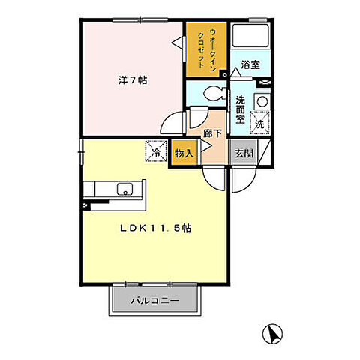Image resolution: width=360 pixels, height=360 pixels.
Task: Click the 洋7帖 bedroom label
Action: pos(130,79)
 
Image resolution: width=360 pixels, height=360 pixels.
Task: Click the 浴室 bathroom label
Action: pos(250,65)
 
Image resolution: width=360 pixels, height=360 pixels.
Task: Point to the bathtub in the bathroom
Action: pos(250,37)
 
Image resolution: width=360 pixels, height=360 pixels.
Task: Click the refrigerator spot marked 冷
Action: pos(156,151)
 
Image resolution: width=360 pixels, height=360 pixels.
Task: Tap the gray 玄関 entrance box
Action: pos(242,153)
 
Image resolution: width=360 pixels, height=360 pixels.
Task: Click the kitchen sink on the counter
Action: pos(121,188)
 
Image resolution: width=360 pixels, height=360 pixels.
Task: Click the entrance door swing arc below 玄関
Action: pos(244,178)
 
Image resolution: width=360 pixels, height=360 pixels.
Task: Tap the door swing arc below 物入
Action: pos(213,177)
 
